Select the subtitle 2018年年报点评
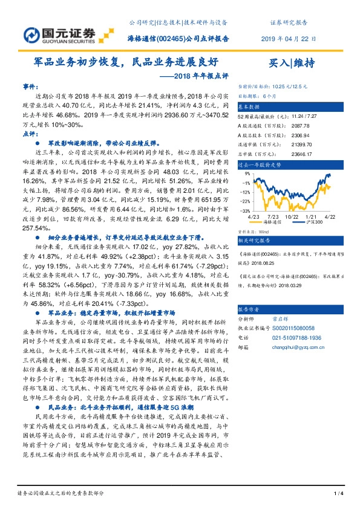click(192, 76)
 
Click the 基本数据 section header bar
click(291, 105)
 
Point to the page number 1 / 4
click(338, 494)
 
